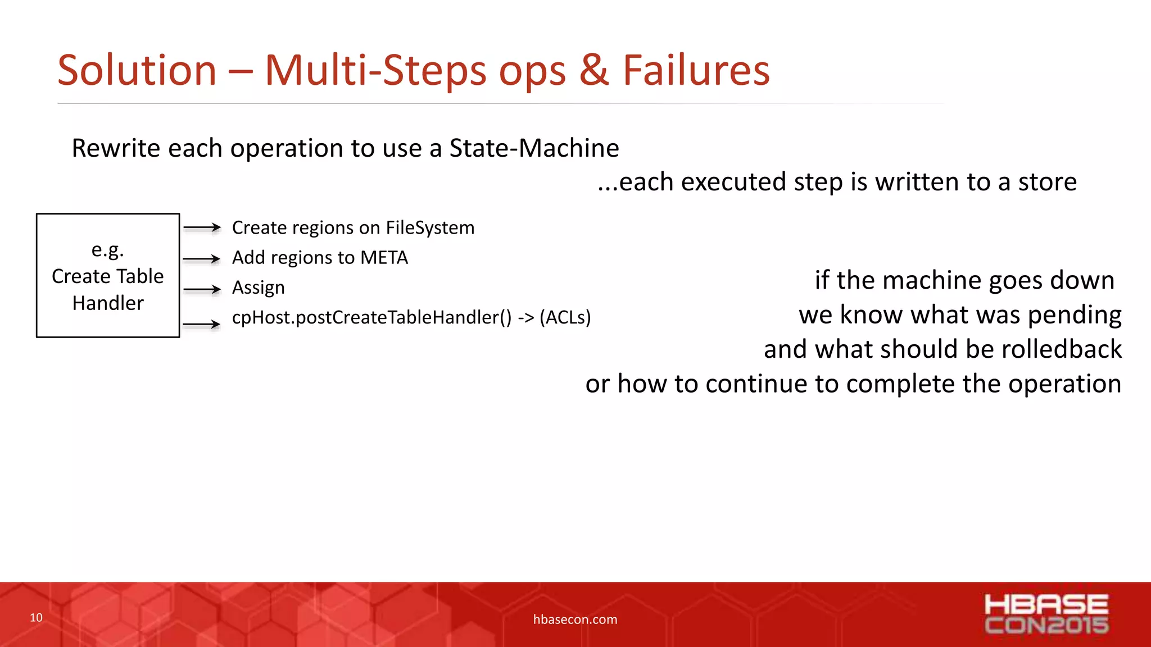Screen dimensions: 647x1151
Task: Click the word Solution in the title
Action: coord(137,71)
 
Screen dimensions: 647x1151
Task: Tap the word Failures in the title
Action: coord(696,71)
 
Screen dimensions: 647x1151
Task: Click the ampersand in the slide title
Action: coord(593,71)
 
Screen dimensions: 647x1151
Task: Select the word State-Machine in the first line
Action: coord(534,148)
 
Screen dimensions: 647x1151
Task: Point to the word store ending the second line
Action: coord(1047,182)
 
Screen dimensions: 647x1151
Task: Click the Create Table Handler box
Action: coord(108,275)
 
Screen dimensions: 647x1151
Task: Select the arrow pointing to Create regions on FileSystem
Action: coord(202,227)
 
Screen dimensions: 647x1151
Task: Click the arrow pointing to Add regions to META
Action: coord(202,259)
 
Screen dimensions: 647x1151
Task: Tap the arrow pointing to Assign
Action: coord(202,289)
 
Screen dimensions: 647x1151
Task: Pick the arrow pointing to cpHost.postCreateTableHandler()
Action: coord(202,324)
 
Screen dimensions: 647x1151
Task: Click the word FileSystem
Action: coord(429,227)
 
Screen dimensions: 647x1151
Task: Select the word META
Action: coord(384,257)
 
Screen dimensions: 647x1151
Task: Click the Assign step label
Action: coord(258,288)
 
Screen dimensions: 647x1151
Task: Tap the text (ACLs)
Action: coord(565,317)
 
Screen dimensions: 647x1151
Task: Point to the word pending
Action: coord(1074,315)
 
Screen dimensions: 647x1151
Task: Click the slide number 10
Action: coord(36,618)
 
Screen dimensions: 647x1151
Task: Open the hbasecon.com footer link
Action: coord(575,619)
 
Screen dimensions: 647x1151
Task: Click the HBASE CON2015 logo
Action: coord(1046,614)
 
